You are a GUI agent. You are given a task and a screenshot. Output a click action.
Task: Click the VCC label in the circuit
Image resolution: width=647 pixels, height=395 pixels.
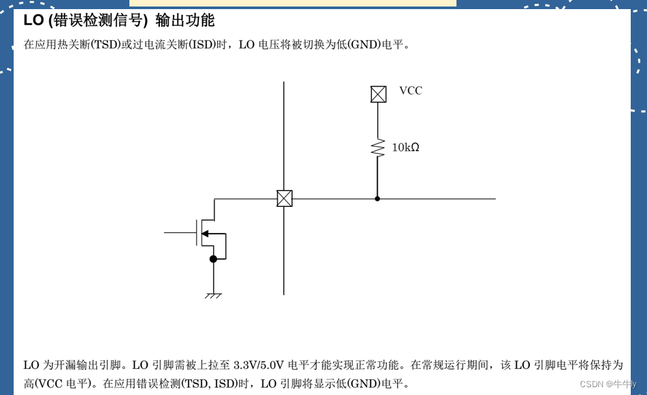[x=410, y=91]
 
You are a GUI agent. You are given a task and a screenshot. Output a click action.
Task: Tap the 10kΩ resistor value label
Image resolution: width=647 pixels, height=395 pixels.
[x=405, y=148]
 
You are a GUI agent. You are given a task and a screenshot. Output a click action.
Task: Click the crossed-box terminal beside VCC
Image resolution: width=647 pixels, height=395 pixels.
[x=378, y=94]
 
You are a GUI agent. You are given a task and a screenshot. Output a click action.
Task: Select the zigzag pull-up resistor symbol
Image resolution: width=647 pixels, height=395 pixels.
[x=378, y=147]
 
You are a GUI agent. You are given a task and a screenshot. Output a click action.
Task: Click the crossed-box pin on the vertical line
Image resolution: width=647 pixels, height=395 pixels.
[x=284, y=198]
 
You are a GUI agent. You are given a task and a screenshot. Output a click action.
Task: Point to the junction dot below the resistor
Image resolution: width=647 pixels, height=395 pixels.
[x=377, y=198]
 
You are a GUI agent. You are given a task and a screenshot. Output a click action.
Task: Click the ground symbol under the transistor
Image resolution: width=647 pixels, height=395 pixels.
[x=213, y=295]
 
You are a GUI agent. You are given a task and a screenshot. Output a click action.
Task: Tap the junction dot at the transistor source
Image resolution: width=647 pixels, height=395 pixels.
[x=213, y=259]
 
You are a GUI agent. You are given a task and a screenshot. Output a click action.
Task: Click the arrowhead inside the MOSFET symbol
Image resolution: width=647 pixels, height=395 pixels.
[x=205, y=234]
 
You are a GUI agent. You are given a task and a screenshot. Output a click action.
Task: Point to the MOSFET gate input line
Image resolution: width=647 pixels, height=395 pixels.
[x=179, y=232]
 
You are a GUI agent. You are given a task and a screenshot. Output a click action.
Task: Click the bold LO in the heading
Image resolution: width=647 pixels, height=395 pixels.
[x=33, y=21]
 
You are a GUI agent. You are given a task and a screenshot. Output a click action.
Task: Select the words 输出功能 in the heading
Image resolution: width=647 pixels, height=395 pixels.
[x=185, y=21]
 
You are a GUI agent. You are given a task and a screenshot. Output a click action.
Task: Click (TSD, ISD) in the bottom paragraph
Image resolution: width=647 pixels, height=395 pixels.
[x=209, y=384]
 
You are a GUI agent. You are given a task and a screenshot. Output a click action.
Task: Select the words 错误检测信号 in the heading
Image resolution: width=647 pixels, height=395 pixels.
[x=98, y=21]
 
